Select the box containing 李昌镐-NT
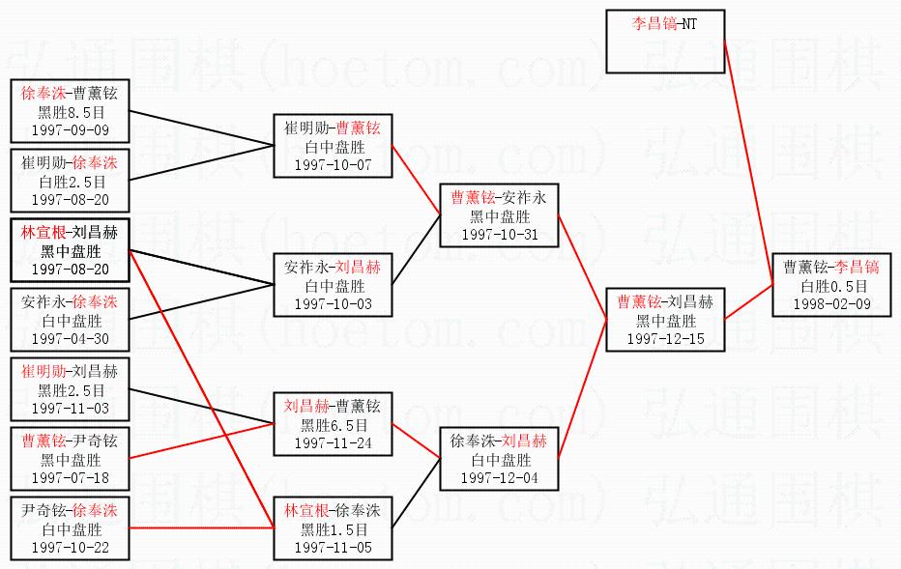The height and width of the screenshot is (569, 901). pyautogui.click(x=664, y=42)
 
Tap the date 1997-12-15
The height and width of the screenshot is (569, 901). pyautogui.click(x=665, y=338)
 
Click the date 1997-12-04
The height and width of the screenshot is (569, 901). pyautogui.click(x=499, y=477)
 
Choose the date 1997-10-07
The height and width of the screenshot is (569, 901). pyautogui.click(x=333, y=164)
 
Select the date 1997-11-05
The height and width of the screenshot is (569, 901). pyautogui.click(x=333, y=547)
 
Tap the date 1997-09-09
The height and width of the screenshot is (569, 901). pyautogui.click(x=70, y=129)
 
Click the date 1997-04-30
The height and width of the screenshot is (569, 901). pyautogui.click(x=70, y=338)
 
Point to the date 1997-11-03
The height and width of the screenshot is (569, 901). pyautogui.click(x=70, y=408)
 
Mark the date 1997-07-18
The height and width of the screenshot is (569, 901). pyautogui.click(x=70, y=477)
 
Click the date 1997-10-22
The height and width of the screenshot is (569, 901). pyautogui.click(x=70, y=547)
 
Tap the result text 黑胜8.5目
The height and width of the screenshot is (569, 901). pyautogui.click(x=70, y=112)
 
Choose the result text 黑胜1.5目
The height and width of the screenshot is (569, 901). pyautogui.click(x=333, y=529)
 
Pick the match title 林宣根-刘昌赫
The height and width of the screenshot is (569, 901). pyautogui.click(x=70, y=233)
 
